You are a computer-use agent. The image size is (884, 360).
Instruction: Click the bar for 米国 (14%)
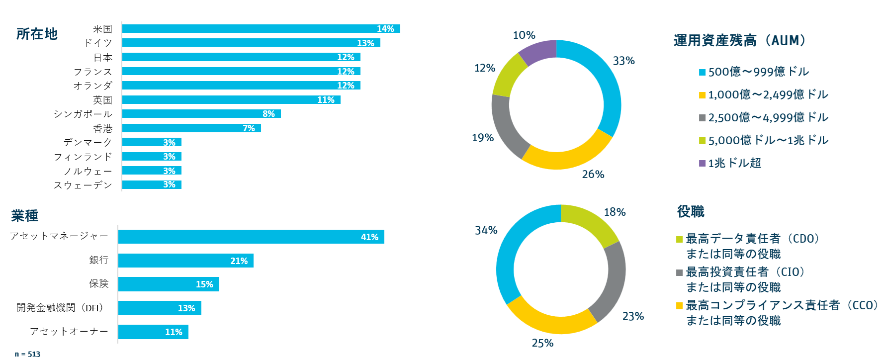click(261, 29)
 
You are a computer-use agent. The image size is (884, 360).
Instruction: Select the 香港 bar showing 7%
click(191, 128)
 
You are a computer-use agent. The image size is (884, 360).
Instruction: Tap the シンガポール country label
click(83, 114)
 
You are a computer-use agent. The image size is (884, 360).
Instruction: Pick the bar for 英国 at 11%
click(231, 100)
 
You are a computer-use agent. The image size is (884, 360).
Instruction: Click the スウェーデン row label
click(83, 185)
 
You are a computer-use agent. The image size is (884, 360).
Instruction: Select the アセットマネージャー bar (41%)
click(251, 237)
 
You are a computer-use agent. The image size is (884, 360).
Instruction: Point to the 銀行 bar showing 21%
click(186, 261)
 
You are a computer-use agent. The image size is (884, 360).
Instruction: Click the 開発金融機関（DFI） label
click(61, 308)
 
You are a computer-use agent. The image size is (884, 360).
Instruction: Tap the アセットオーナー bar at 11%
click(153, 332)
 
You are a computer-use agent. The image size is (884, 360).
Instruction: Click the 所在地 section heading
click(37, 34)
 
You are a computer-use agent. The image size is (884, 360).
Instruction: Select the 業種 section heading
click(25, 216)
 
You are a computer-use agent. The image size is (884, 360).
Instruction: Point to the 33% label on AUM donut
click(623, 61)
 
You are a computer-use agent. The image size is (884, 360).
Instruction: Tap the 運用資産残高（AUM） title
click(739, 40)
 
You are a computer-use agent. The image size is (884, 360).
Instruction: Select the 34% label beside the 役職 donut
click(486, 230)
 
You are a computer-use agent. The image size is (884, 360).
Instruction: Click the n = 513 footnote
click(27, 354)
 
